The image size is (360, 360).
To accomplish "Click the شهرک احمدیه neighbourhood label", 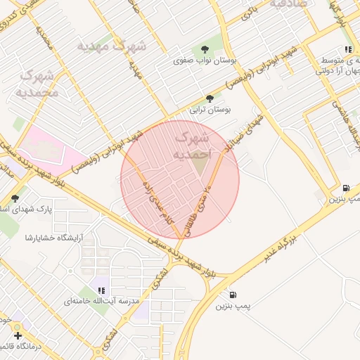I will click(x=191, y=141).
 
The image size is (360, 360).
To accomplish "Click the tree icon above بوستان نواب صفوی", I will click(x=205, y=49).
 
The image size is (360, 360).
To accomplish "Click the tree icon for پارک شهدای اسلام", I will click(x=15, y=198).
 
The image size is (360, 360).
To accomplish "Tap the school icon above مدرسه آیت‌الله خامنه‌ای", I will click(x=102, y=290).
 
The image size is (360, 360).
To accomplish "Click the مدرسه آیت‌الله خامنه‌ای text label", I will click(x=98, y=301).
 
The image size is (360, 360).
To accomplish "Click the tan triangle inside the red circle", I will click(x=200, y=165).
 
